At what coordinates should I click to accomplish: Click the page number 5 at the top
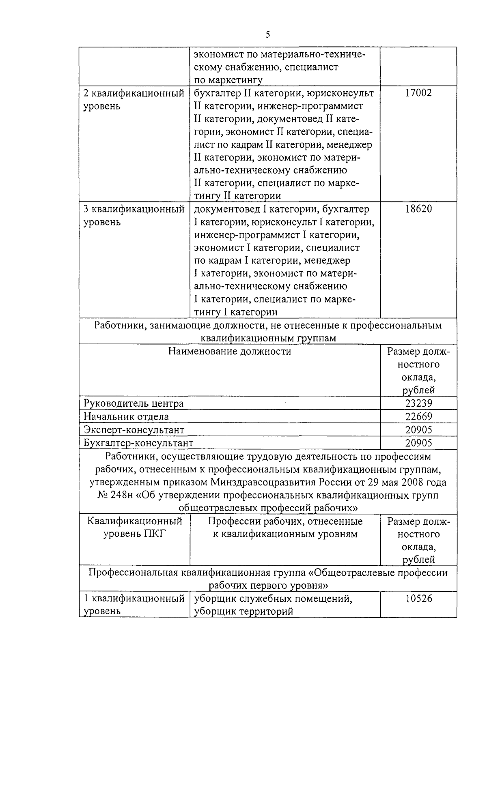pyautogui.click(x=268, y=34)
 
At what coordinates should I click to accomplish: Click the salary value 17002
pyautogui.click(x=418, y=93)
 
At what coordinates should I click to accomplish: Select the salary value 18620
pyautogui.click(x=418, y=209)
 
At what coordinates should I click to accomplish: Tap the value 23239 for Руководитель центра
pyautogui.click(x=418, y=403)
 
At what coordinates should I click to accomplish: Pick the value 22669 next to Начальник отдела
pyautogui.click(x=418, y=416)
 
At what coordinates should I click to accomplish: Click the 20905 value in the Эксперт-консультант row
pyautogui.click(x=418, y=430)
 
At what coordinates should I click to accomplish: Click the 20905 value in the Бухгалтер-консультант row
pyautogui.click(x=418, y=443)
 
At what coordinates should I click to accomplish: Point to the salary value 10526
pyautogui.click(x=418, y=598)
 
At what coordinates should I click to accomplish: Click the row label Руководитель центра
pyautogui.click(x=134, y=403)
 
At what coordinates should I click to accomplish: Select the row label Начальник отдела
pyautogui.click(x=126, y=416)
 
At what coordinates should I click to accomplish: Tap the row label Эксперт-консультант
pyautogui.click(x=134, y=430)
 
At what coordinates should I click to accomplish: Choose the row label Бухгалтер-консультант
pyautogui.click(x=138, y=443)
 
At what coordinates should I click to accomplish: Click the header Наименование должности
pyautogui.click(x=230, y=351)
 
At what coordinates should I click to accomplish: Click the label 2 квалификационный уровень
pyautogui.click(x=134, y=100)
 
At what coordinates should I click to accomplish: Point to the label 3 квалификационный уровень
pyautogui.click(x=134, y=216)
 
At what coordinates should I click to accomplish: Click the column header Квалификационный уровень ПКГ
pyautogui.click(x=135, y=527)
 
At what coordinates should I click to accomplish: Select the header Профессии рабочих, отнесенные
pyautogui.click(x=285, y=521)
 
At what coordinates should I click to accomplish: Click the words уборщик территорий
pyautogui.click(x=243, y=611)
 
